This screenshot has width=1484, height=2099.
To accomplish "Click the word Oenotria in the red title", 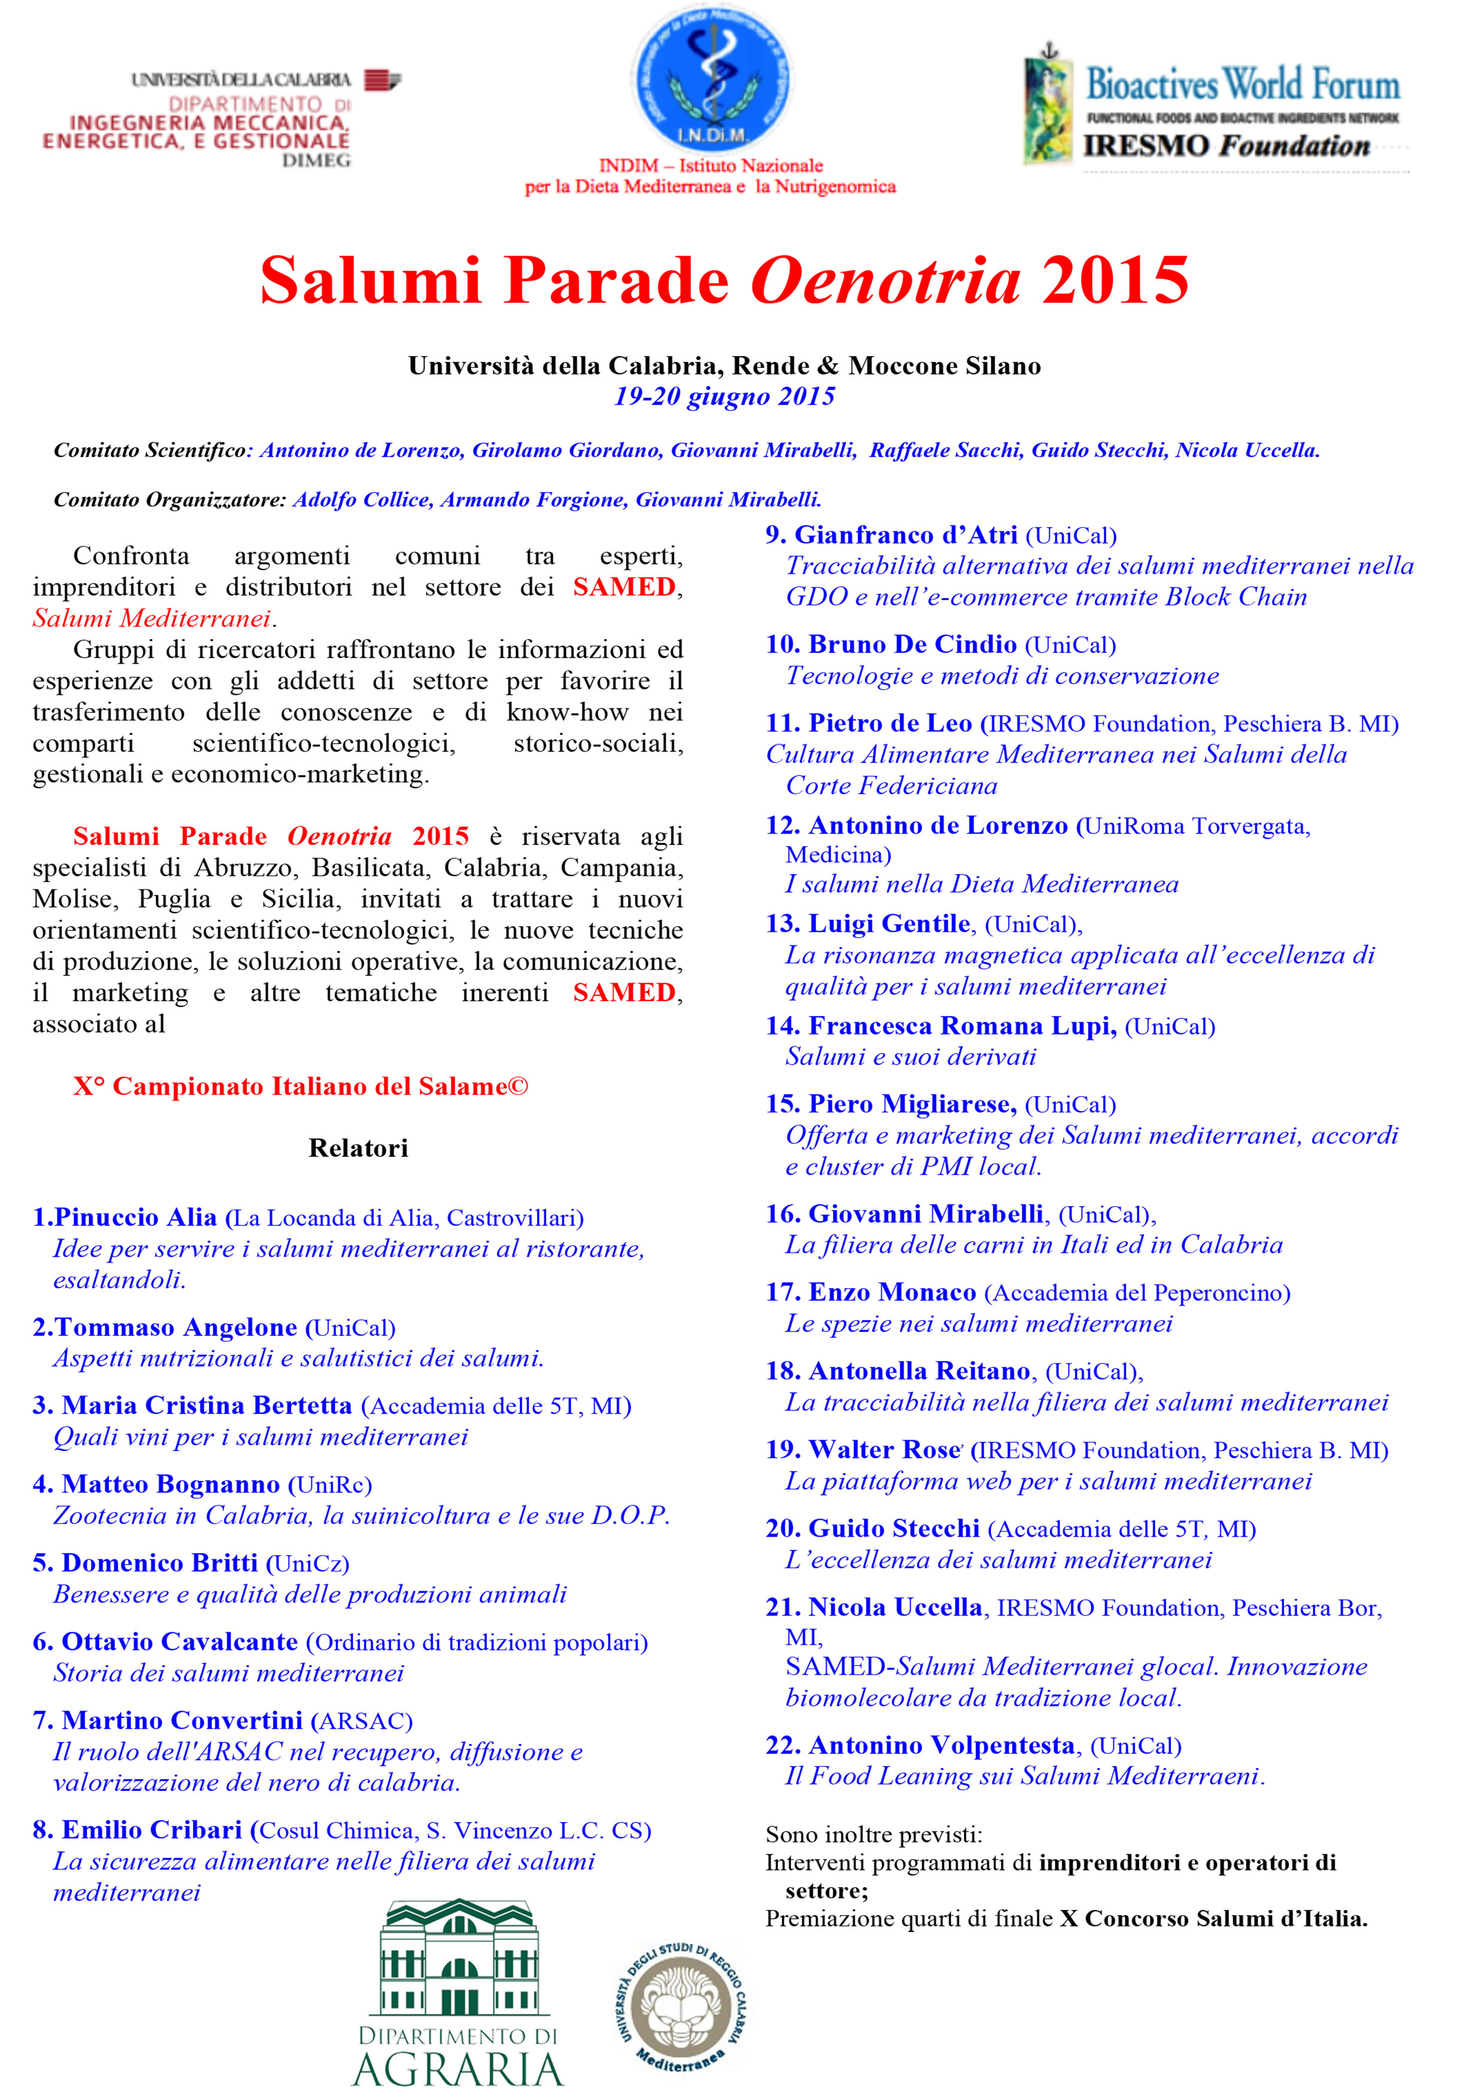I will [x=885, y=280].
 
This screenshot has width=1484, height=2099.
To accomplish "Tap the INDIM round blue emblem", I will [x=711, y=78].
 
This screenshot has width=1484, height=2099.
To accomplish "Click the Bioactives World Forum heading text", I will [x=1242, y=85].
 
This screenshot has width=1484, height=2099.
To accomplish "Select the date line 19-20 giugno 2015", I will [x=724, y=397].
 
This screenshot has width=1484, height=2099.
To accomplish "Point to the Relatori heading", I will [x=358, y=1148].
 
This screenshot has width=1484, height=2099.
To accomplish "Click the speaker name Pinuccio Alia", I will [x=135, y=1218].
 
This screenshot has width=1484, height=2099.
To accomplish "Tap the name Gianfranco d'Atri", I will [x=905, y=535].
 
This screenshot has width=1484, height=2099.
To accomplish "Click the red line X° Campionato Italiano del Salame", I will [x=301, y=1086].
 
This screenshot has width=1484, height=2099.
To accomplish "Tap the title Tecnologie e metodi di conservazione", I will [x=1002, y=676].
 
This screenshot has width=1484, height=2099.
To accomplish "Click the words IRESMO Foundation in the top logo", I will [x=1225, y=146].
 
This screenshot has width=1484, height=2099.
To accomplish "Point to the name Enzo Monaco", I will [x=892, y=1292].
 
